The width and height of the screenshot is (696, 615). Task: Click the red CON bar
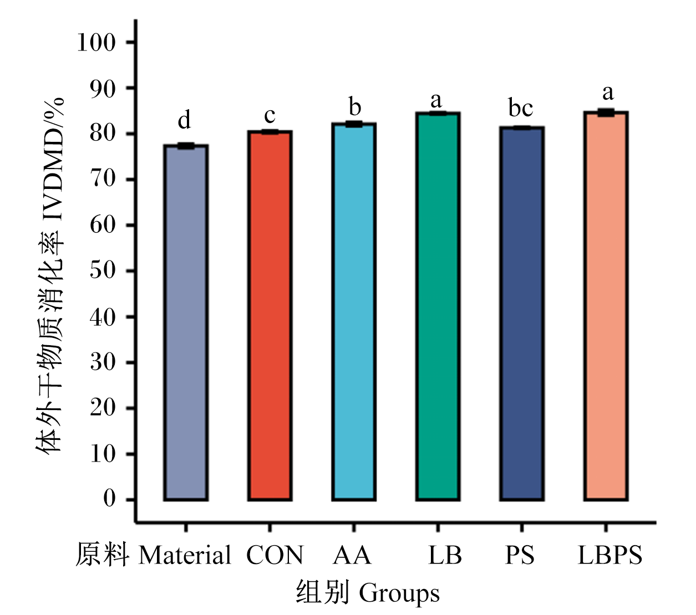tap(270, 315)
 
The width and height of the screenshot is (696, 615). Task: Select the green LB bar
tap(438, 306)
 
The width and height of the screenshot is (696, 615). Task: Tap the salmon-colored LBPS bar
tap(606, 306)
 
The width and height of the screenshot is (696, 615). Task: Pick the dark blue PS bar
tap(521, 314)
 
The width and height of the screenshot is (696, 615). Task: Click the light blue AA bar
tap(354, 311)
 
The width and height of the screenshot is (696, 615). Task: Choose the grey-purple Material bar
tap(186, 322)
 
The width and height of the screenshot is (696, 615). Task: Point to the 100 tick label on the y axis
tap(96, 43)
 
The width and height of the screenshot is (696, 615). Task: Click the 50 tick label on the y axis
tap(103, 271)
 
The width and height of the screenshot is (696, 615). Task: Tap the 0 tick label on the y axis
tap(109, 499)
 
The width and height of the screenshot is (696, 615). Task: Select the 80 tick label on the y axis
tap(103, 134)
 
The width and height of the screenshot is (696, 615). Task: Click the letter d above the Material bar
tap(185, 120)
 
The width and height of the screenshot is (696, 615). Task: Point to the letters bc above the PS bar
tap(521, 107)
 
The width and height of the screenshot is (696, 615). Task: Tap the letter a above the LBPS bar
tap(608, 93)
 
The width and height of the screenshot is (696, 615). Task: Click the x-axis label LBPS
tap(610, 555)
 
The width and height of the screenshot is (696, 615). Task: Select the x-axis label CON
tap(275, 555)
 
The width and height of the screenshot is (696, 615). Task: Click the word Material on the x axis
tap(185, 555)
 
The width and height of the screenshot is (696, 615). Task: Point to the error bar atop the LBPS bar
tap(606, 112)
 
